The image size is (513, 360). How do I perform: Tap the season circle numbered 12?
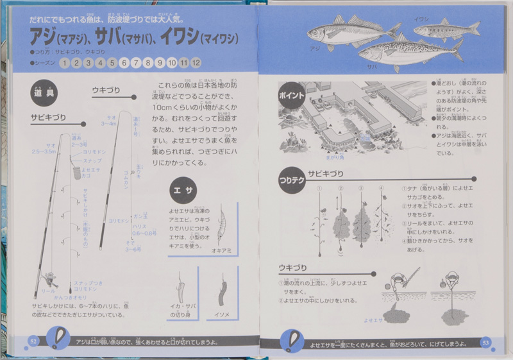tap(196, 63)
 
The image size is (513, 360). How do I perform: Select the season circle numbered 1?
tap(64, 63)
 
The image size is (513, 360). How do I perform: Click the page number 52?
tap(34, 341)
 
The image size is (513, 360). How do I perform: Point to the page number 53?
tap(485, 341)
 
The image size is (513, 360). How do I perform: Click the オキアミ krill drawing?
tap(221, 225)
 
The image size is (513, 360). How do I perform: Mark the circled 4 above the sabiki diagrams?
tap(381, 189)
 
